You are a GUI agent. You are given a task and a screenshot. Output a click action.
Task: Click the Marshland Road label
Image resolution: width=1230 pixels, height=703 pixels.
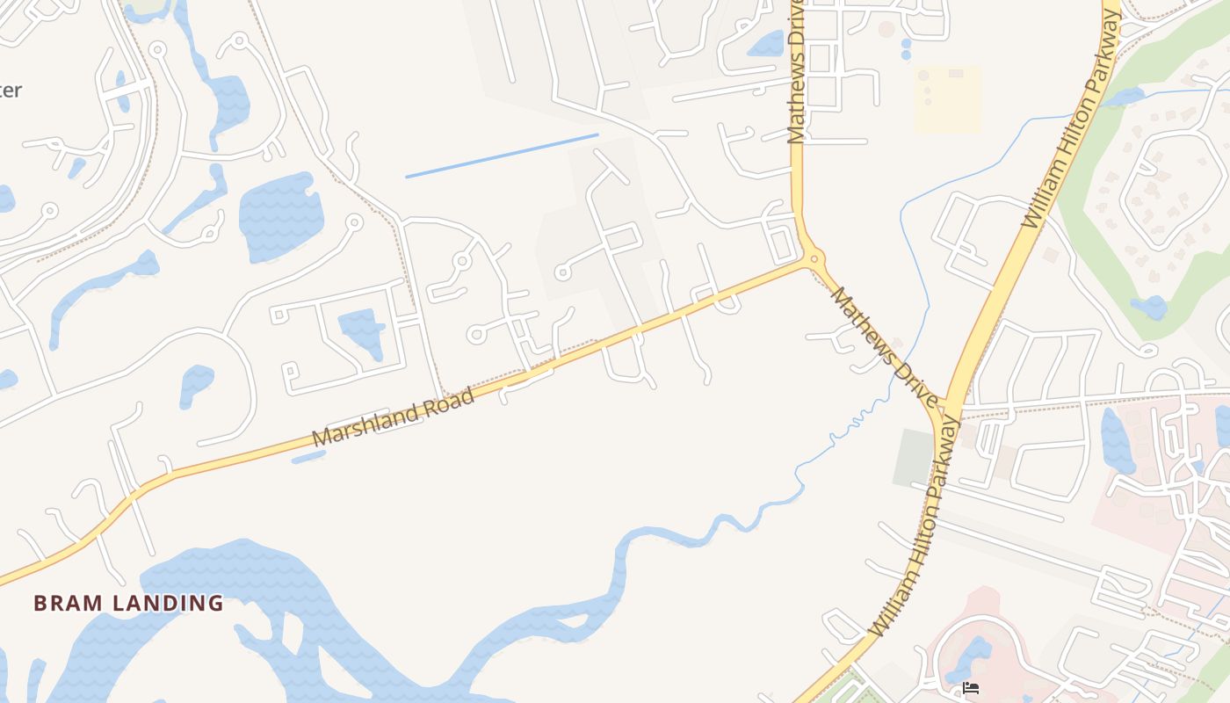[394, 417]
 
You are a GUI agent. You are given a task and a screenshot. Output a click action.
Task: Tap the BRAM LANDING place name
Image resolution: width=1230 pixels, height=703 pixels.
[128, 603]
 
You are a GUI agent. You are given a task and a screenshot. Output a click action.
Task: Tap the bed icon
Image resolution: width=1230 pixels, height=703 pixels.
[971, 687]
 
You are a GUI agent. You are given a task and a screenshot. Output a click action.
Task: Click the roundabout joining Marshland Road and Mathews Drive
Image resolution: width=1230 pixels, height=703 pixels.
[814, 258]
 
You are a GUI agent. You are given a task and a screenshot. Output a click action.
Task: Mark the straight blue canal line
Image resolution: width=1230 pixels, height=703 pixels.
[502, 156]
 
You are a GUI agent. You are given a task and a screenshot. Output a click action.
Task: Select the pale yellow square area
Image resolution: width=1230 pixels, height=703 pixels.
[947, 99]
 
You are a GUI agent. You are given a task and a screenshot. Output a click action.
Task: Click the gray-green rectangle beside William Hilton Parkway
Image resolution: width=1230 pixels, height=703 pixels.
[913, 458]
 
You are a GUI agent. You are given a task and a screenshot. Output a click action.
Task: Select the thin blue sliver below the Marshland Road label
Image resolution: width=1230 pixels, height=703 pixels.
[308, 457]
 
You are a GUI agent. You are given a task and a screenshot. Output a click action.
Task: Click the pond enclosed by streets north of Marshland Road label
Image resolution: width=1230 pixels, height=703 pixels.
[361, 330]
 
